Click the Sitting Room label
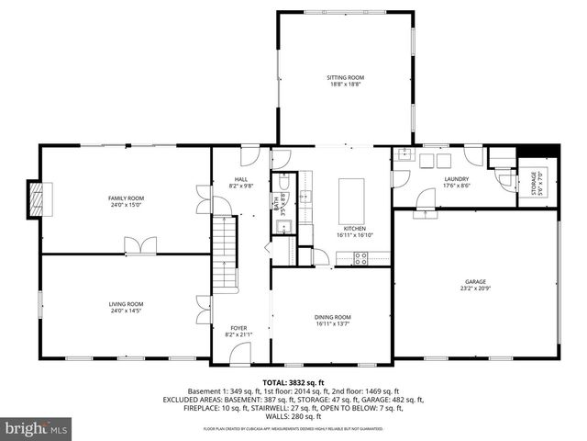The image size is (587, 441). tap(345, 77)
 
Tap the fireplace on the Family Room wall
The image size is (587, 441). tap(38, 198)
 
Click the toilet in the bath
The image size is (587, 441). tap(283, 180)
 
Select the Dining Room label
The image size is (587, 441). tap(333, 317)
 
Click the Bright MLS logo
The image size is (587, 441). tap(37, 428)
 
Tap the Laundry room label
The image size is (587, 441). tap(456, 179)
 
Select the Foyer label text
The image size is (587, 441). tap(238, 328)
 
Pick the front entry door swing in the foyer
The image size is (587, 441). tap(239, 352)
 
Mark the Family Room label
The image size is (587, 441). tap(127, 198)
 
